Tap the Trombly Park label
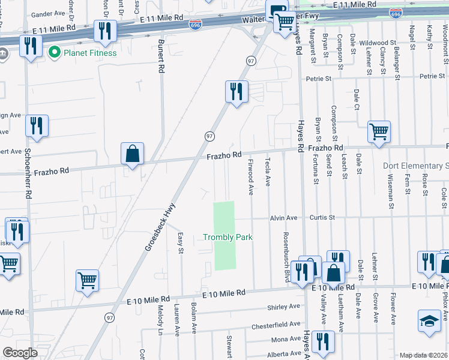click(228, 238)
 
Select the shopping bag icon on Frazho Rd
click(132, 154)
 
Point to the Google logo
click(20, 353)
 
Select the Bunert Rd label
click(161, 57)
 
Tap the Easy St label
click(181, 243)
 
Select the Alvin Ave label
click(283, 218)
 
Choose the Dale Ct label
click(356, 99)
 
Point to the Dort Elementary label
click(415, 166)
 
